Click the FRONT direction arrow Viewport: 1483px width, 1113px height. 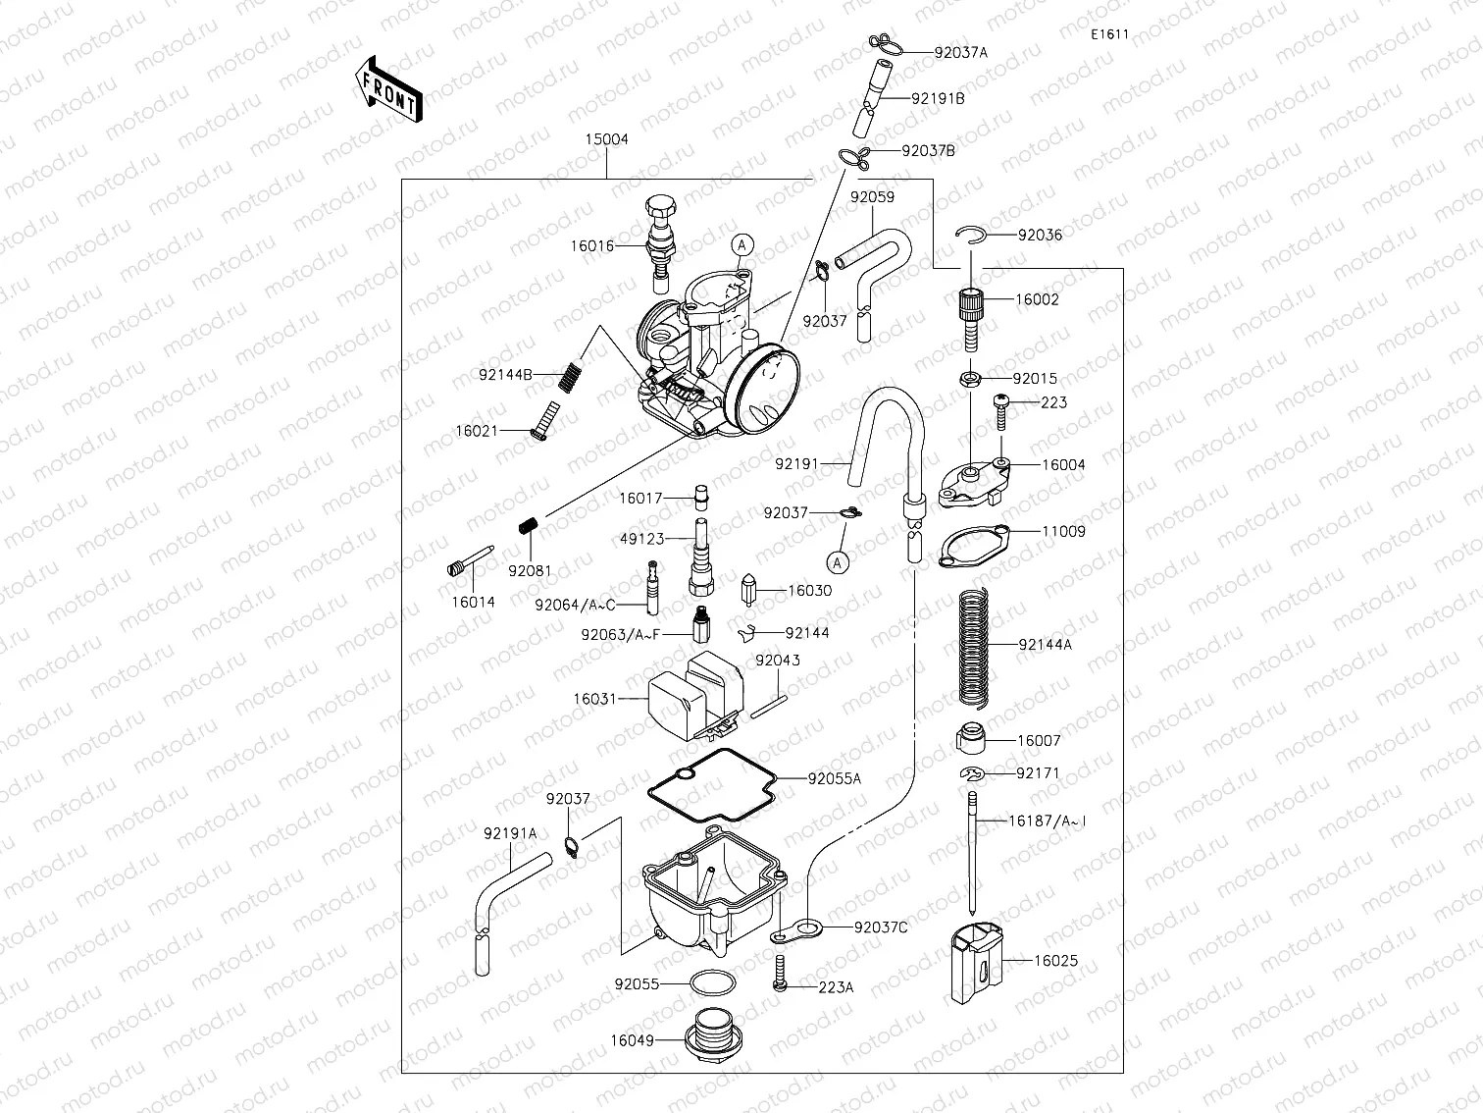pyautogui.click(x=389, y=89)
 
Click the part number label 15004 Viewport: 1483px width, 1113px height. pyautogui.click(x=606, y=139)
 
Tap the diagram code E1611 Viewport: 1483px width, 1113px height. pyautogui.click(x=1109, y=34)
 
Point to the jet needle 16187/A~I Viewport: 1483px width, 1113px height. pyautogui.click(x=970, y=854)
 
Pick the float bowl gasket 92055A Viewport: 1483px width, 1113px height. pyautogui.click(x=711, y=785)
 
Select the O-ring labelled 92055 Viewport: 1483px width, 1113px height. pyautogui.click(x=711, y=982)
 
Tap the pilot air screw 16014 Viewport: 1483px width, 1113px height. pyautogui.click(x=471, y=562)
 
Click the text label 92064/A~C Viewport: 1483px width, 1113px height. pyautogui.click(x=575, y=607)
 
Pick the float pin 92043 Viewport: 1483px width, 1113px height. pyautogui.click(x=769, y=707)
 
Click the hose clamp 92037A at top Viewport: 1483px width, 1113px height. pyautogui.click(x=884, y=43)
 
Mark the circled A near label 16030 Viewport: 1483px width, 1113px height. pyautogui.click(x=837, y=561)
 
